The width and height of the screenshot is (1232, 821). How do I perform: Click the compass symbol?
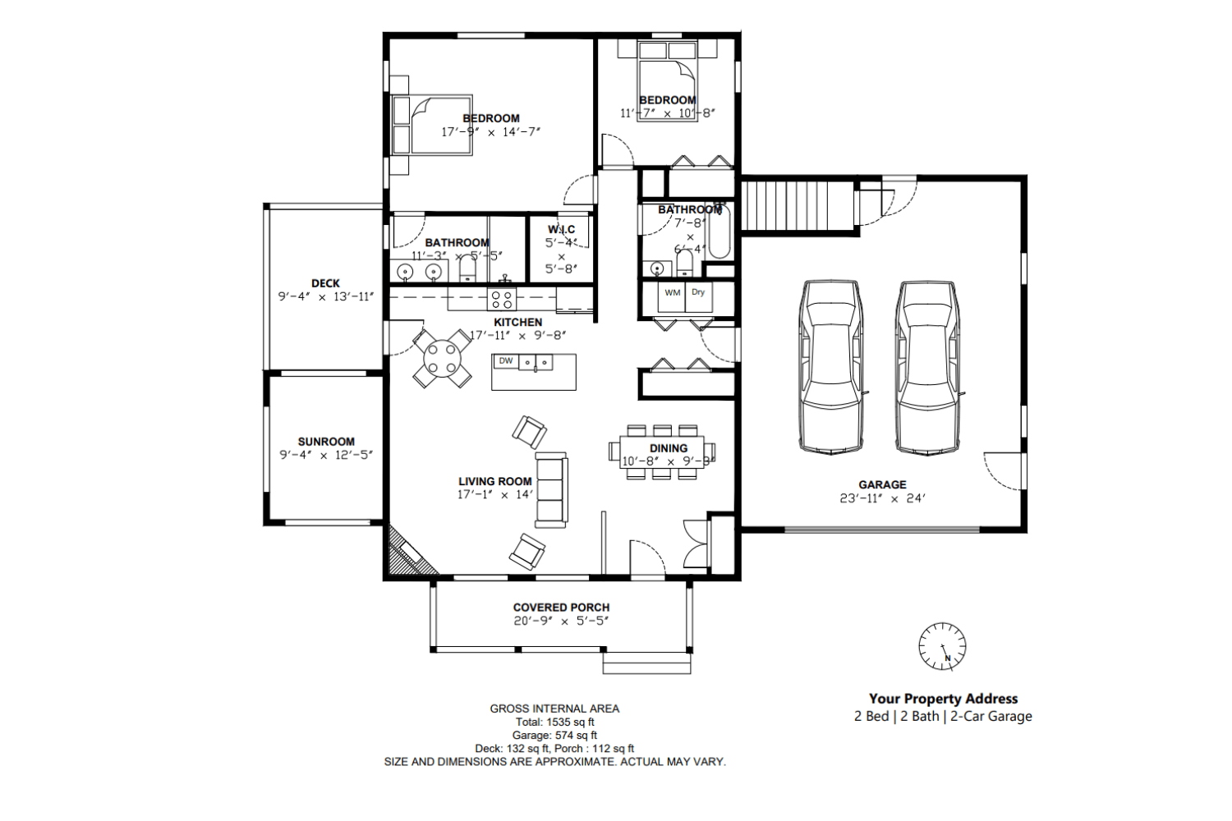click(942, 646)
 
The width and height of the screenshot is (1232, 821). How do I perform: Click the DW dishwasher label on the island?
click(506, 361)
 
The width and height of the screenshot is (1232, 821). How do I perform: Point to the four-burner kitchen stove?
click(502, 299)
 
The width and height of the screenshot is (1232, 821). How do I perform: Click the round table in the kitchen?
click(442, 359)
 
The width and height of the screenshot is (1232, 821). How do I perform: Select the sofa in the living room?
click(551, 489)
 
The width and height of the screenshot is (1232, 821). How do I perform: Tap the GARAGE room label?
click(882, 484)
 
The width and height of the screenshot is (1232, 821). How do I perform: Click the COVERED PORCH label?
click(561, 608)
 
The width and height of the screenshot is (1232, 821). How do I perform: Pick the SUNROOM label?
click(326, 442)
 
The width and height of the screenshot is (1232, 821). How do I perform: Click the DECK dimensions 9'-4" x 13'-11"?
click(326, 296)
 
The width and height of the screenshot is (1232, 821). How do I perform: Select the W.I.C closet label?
click(562, 229)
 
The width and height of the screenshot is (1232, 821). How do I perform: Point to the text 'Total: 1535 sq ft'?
click(554, 722)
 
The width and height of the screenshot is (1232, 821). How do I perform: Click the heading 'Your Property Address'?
click(943, 699)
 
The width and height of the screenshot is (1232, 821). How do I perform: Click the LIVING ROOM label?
click(494, 481)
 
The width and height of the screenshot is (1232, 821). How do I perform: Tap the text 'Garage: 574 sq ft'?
click(554, 735)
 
